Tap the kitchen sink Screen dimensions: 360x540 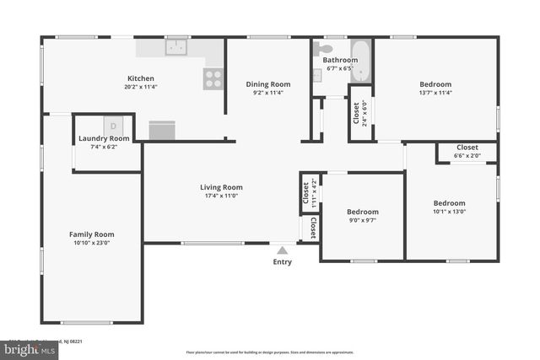click(176, 47)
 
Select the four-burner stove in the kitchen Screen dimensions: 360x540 click(213, 78)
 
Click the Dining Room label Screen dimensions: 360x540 click(268, 83)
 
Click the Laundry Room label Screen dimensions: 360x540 click(104, 138)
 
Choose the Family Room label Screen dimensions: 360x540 click(91, 234)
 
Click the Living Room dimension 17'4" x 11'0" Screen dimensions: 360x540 click(221, 196)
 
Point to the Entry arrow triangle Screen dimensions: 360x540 click(282, 249)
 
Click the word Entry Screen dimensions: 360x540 click(283, 261)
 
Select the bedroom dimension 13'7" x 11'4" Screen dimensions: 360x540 click(435, 93)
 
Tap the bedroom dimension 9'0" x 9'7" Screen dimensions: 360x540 click(364, 221)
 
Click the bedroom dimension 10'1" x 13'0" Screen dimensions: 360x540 click(449, 212)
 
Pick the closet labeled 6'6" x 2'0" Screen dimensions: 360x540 click(467, 152)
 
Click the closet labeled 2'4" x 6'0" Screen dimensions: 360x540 click(359, 113)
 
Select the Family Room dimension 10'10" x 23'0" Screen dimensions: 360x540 click(91, 243)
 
